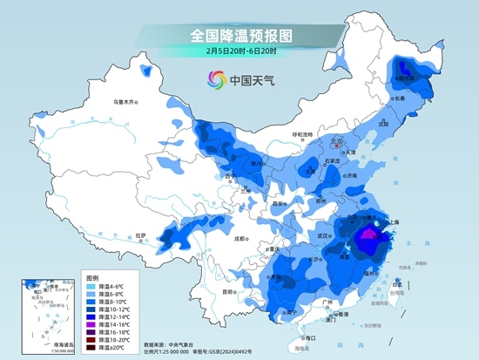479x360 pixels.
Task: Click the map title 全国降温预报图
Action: tap(240, 35)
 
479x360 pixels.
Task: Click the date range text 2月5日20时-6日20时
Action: tap(240, 51)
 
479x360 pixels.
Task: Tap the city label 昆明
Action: tap(229, 291)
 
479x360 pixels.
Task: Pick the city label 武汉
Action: tap(327, 234)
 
